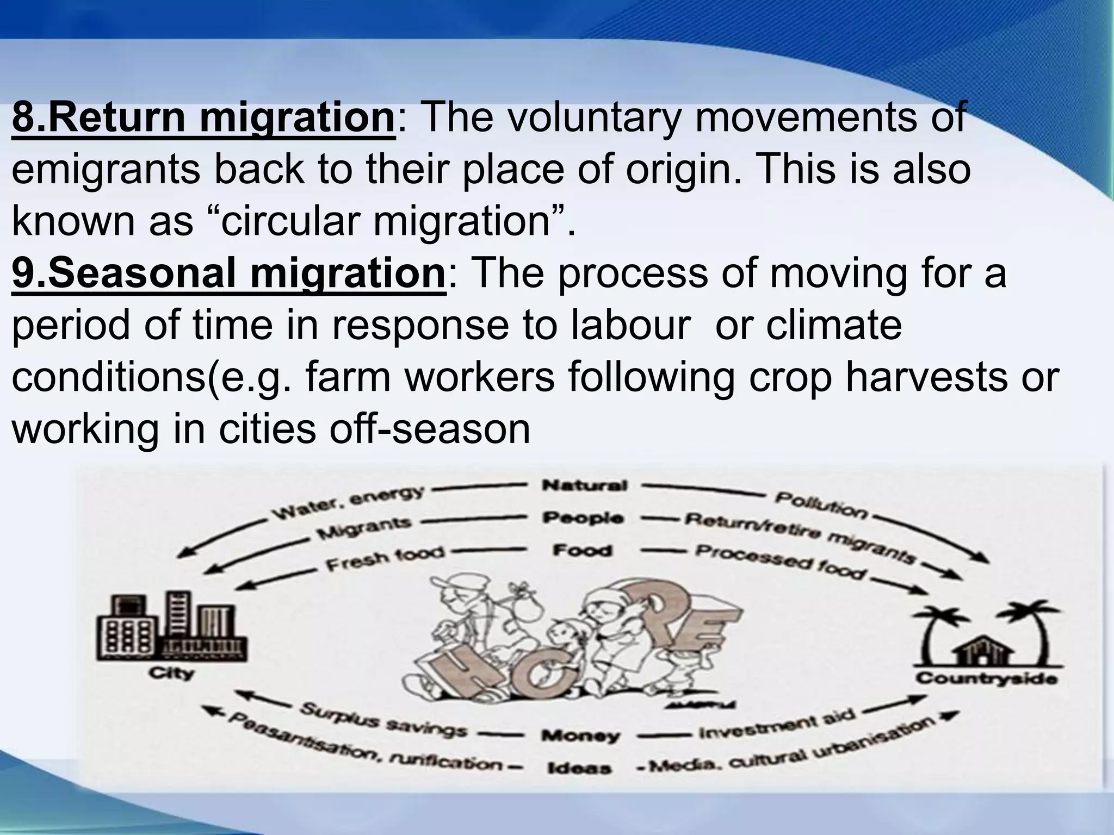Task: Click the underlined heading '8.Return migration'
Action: coord(203,117)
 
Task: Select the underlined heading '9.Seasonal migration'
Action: coord(228,274)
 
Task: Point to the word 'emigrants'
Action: coord(106,170)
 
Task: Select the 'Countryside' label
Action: coord(986,678)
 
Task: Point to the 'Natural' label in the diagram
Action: coord(584,485)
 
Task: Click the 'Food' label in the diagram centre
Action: coord(582,551)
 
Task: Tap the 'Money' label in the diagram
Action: coord(580,736)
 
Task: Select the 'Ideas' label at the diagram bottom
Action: coord(579,769)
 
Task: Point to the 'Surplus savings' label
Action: coord(383,720)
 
